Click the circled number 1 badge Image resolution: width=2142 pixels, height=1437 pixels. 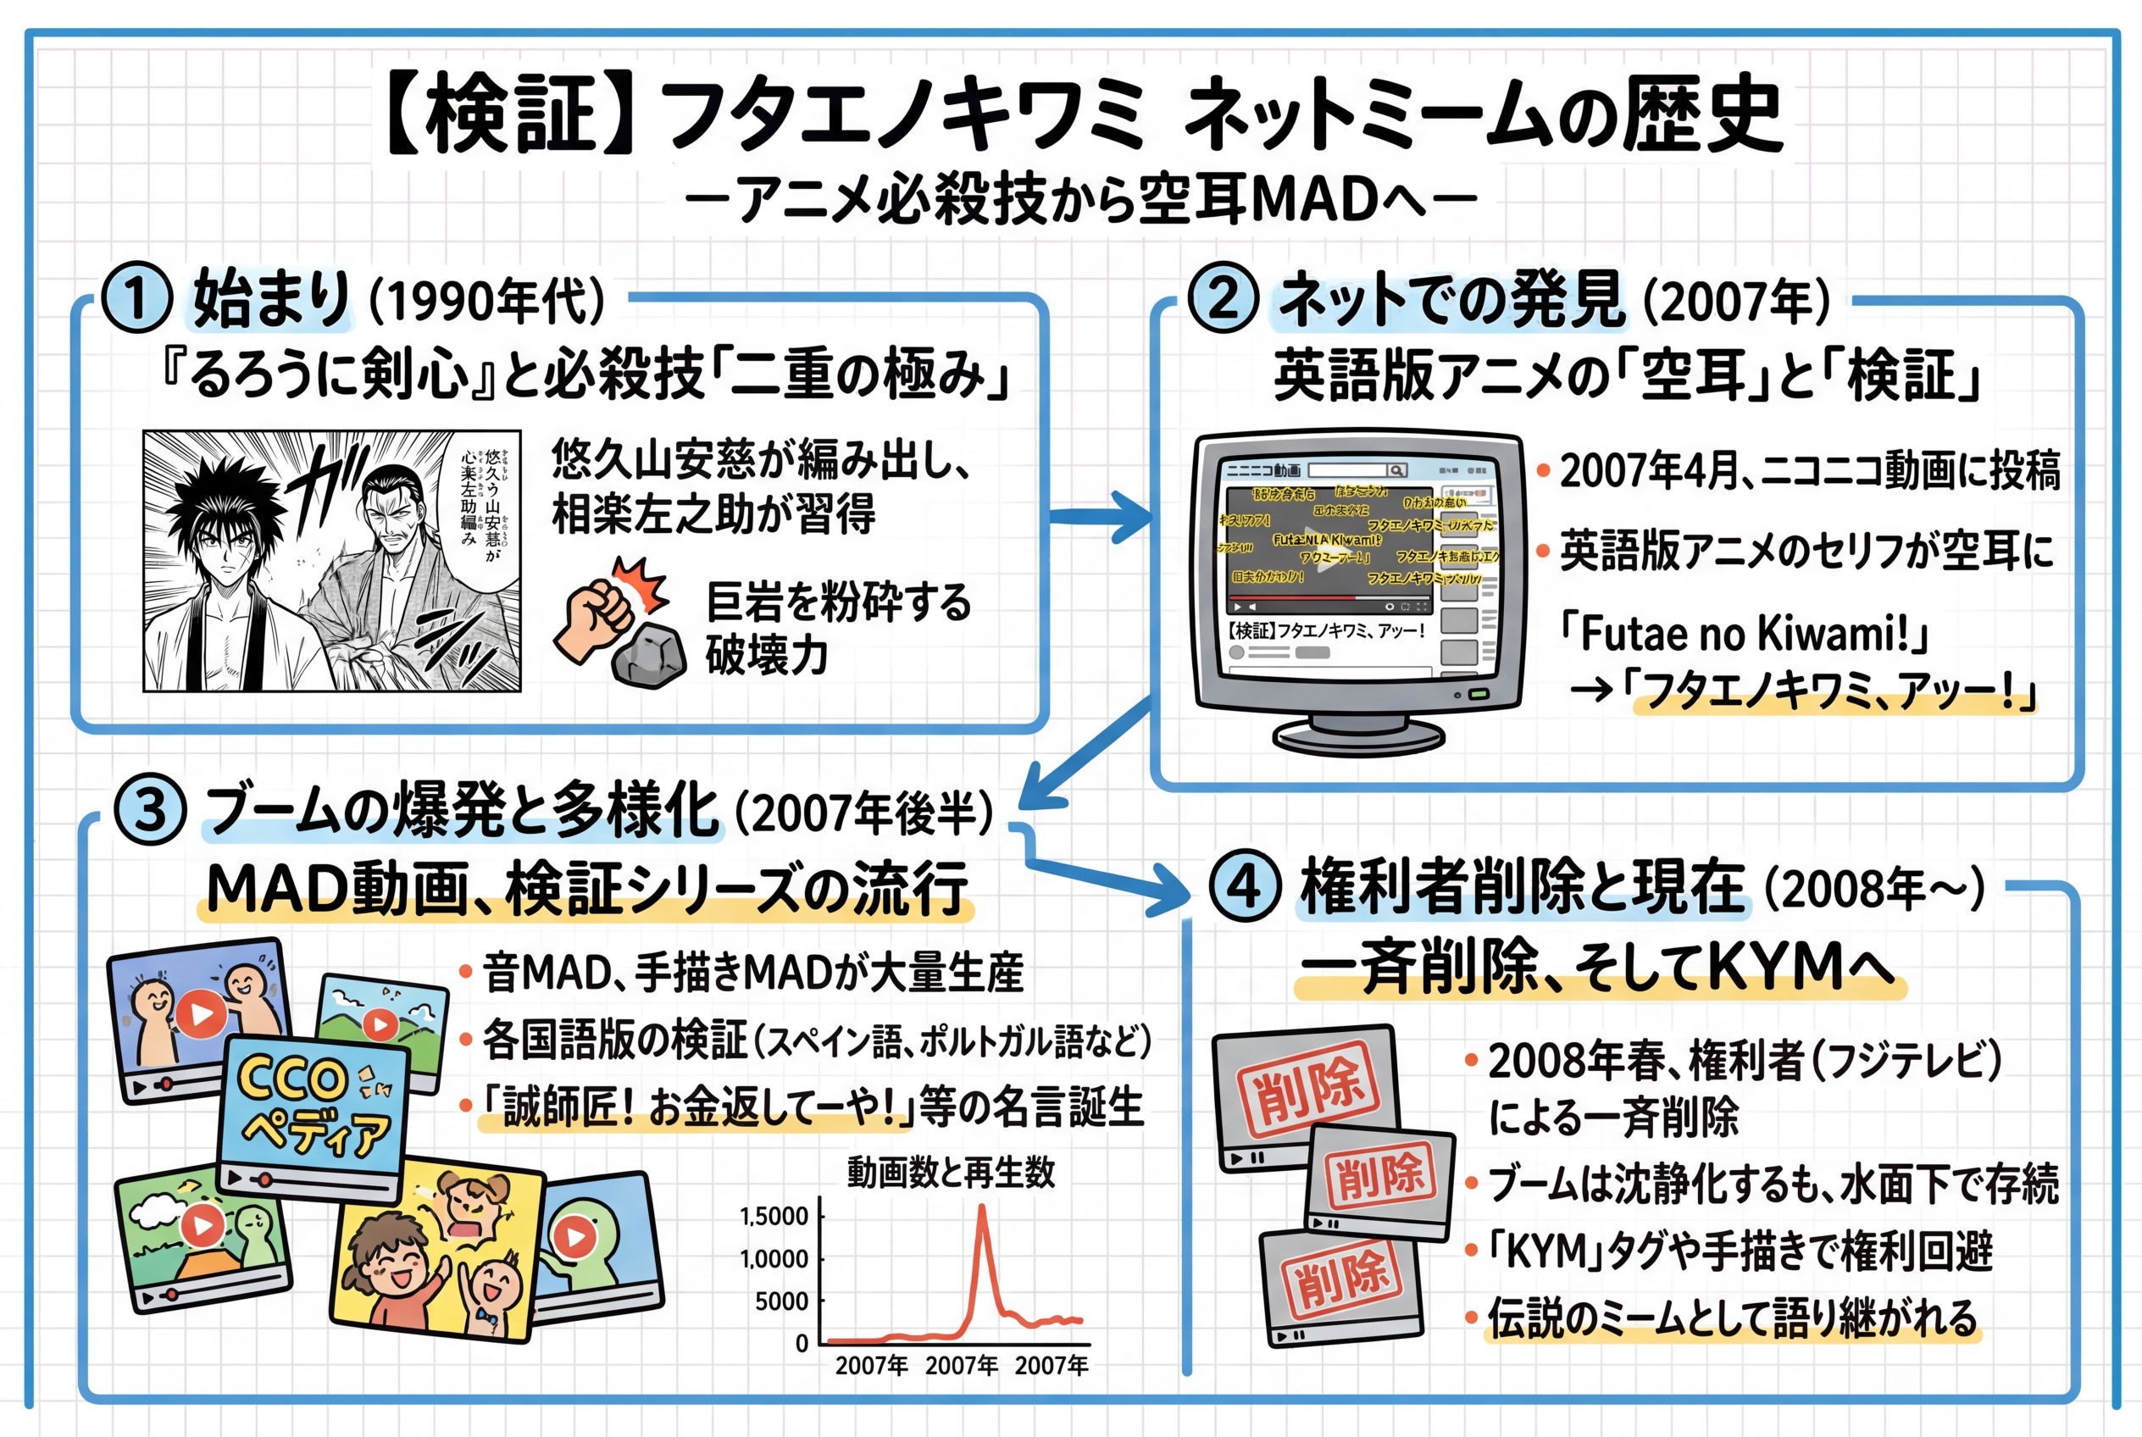tap(136, 298)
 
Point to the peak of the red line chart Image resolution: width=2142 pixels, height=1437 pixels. tap(982, 1208)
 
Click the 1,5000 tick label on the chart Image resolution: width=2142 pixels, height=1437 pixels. tap(774, 1216)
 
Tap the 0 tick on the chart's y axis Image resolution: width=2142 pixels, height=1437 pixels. tap(802, 1344)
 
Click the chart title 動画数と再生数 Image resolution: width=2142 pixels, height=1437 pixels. tap(951, 1172)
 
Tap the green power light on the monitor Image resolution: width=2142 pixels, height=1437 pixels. tap(1479, 695)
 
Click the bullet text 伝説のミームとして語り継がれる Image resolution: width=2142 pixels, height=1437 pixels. tap(1731, 1318)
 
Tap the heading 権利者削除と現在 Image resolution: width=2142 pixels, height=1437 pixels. tap(1522, 886)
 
